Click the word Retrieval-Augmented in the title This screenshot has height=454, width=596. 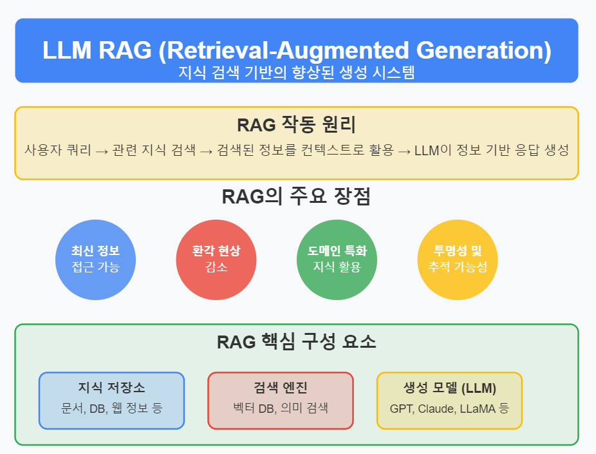288,51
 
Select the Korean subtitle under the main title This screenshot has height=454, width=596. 297,72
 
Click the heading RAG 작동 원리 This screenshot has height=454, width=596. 297,125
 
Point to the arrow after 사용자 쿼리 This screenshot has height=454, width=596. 102,151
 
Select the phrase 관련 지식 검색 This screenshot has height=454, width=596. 154,150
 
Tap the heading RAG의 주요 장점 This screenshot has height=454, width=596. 296,196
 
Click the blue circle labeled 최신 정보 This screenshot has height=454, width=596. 95,260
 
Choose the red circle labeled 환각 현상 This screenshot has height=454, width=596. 216,260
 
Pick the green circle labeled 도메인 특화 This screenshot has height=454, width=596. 337,260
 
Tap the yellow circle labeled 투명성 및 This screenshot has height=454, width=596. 458,260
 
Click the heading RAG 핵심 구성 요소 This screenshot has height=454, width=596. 297,341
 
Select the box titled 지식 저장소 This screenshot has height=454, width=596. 112,401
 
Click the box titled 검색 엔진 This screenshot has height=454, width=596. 281,401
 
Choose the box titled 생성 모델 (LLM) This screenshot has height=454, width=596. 450,401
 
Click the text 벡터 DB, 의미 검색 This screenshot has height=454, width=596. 281,408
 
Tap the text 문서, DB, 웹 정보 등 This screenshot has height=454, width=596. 112,408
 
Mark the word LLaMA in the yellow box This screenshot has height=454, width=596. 478,409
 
